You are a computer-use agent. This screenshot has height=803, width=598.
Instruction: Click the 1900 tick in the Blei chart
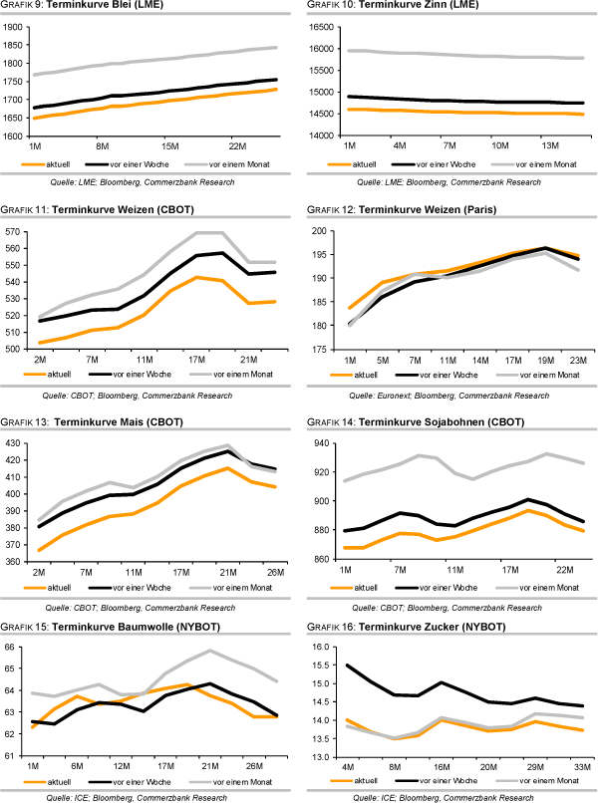14,28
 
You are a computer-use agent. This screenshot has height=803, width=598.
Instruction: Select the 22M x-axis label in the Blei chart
237,145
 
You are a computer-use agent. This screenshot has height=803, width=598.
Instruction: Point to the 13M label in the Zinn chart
550,145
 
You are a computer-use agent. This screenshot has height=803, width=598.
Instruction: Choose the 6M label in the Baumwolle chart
78,766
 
